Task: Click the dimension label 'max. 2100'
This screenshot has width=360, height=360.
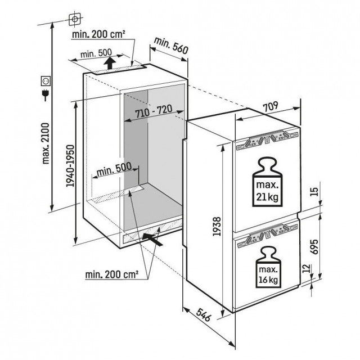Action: point(46,143)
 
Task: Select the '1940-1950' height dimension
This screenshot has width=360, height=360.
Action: point(70,165)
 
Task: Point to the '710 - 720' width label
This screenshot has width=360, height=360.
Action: point(154,111)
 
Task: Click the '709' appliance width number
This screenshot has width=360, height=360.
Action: point(270,106)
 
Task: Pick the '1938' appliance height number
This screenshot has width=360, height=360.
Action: point(217,226)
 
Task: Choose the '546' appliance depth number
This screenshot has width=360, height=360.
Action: point(204,314)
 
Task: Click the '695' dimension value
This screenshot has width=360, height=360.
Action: point(314,246)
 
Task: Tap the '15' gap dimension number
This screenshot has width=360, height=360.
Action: point(314,192)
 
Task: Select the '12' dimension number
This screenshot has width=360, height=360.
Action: point(306,268)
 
